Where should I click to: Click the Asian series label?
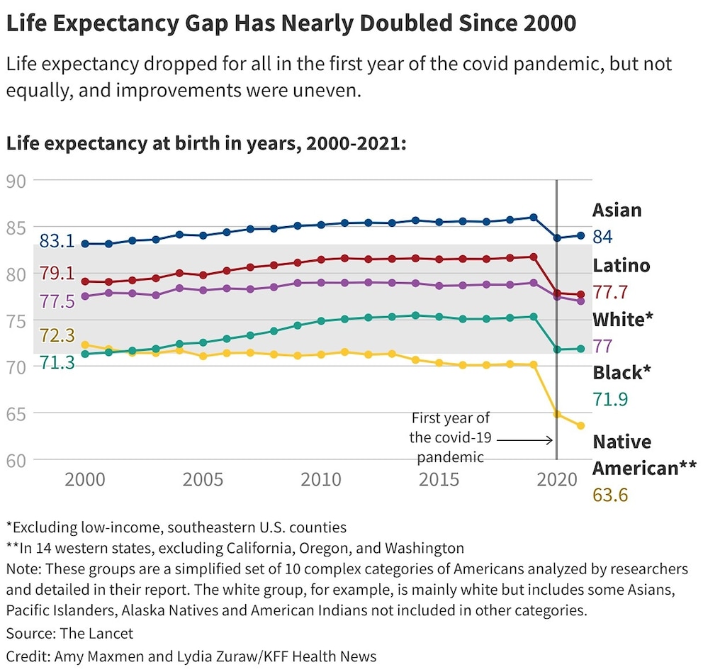(617, 210)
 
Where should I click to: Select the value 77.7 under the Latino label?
(611, 292)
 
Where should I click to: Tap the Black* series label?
(622, 373)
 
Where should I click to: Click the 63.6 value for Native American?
(610, 495)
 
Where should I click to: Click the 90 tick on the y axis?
(15, 181)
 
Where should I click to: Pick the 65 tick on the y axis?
(15, 413)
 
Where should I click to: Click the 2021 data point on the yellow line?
(580, 426)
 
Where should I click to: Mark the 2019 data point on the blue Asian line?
(534, 218)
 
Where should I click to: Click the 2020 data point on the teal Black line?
(557, 349)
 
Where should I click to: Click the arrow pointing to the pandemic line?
(524, 439)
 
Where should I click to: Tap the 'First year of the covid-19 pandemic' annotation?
(450, 437)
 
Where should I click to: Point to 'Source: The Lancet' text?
(69, 633)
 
